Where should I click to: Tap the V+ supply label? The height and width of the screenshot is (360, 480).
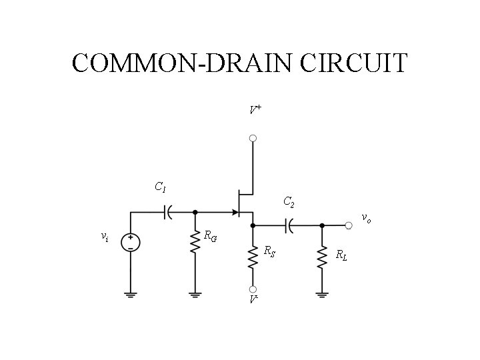click(x=255, y=109)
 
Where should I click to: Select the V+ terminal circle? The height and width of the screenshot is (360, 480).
click(x=253, y=139)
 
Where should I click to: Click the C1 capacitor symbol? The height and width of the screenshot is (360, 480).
click(x=167, y=212)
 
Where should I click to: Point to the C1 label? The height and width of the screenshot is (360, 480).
click(x=160, y=187)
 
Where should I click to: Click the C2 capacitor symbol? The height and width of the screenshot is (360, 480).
click(x=289, y=225)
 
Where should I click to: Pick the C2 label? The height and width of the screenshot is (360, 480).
click(x=289, y=201)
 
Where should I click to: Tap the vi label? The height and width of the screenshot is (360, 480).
click(x=104, y=236)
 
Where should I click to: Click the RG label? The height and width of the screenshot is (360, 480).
click(x=210, y=235)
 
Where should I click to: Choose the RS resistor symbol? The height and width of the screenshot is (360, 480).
click(x=253, y=256)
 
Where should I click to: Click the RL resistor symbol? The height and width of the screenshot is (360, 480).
click(x=322, y=256)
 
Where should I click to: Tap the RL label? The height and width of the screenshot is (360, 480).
click(x=341, y=253)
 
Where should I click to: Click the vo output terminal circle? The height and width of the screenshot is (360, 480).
click(x=349, y=225)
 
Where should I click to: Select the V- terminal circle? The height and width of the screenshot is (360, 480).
click(x=253, y=289)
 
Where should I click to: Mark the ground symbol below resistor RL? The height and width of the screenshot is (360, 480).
click(x=322, y=293)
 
